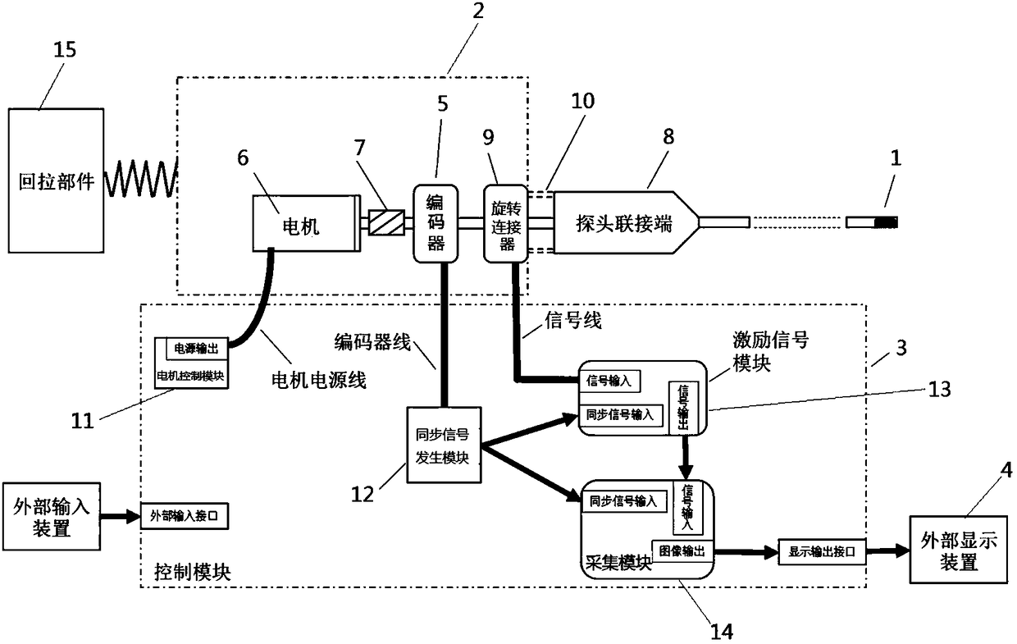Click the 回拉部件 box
(x=56, y=180)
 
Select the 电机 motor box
(x=307, y=223)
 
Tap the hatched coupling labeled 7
(x=386, y=222)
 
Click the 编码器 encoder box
(x=436, y=223)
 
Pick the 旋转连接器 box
(x=506, y=223)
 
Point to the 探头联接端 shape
(x=627, y=222)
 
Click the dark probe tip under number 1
(x=886, y=222)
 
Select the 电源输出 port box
(x=197, y=349)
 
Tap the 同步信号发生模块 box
(x=444, y=445)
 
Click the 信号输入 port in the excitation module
(x=609, y=381)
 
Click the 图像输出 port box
(x=682, y=551)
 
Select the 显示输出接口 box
(x=823, y=552)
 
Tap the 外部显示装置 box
(x=959, y=550)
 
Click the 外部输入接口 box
(x=185, y=516)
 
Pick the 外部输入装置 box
(x=52, y=516)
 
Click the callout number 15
(x=65, y=49)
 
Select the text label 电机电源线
(x=319, y=380)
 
